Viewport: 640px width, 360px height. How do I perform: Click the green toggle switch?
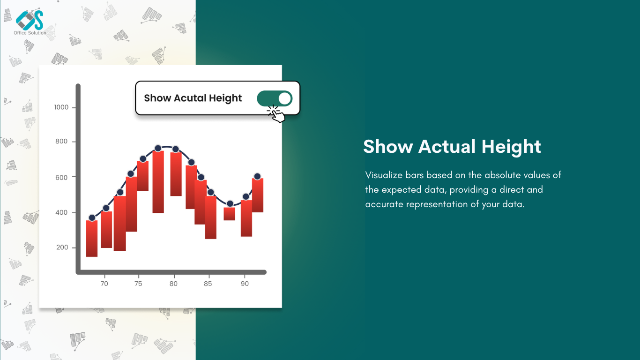[275, 98]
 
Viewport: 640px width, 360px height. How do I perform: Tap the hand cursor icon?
[277, 114]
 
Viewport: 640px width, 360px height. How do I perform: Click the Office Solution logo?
[30, 23]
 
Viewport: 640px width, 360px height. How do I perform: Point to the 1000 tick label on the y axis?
[61, 107]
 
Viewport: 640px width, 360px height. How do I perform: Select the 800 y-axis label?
[61, 141]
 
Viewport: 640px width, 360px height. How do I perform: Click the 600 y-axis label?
[61, 178]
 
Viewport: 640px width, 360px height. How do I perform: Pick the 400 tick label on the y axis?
[61, 212]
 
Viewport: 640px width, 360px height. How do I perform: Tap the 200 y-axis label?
[62, 247]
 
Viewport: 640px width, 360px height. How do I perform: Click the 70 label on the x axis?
[104, 284]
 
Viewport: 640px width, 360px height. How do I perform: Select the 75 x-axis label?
[138, 284]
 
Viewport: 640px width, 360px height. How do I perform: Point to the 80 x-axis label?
[173, 284]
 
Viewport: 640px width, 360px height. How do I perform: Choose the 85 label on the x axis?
[208, 284]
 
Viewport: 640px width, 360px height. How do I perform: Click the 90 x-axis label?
[245, 284]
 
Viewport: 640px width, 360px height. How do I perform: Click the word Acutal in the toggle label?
[190, 98]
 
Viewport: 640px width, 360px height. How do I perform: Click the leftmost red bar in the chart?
[92, 239]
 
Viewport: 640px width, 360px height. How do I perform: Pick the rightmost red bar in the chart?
[258, 195]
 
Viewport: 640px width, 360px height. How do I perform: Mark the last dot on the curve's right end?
[257, 176]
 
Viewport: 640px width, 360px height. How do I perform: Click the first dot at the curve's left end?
[92, 218]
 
